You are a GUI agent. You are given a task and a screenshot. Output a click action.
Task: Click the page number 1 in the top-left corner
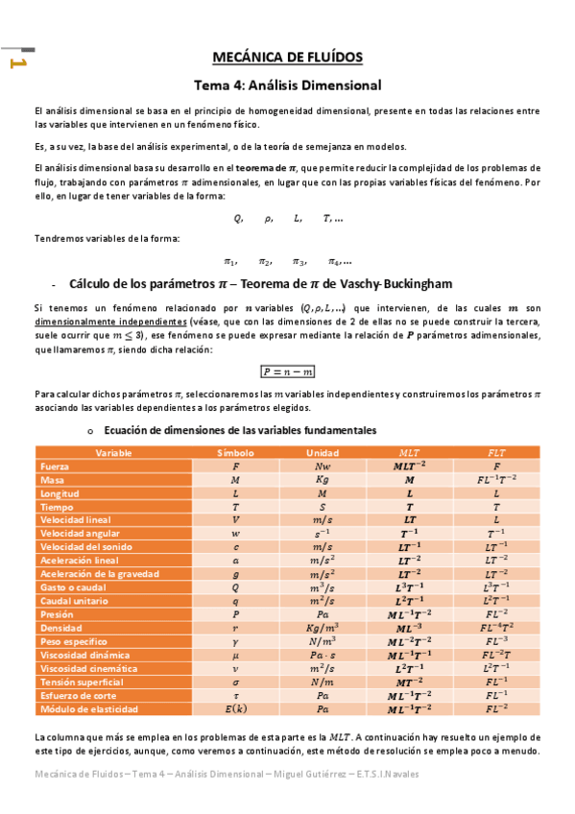16,63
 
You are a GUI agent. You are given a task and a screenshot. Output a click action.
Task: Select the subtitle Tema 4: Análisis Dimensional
288,84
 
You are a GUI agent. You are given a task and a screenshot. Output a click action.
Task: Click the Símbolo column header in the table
235,452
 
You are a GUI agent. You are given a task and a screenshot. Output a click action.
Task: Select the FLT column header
496,452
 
